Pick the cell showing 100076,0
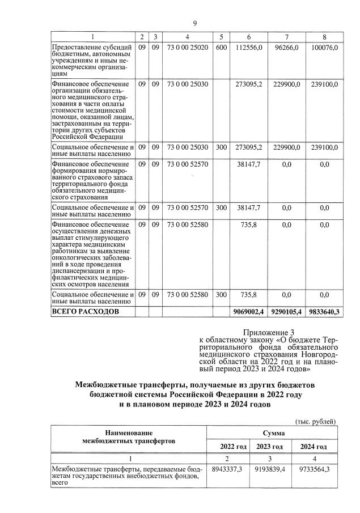click(x=324, y=48)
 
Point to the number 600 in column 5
click(x=222, y=48)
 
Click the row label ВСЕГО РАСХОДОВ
click(x=86, y=312)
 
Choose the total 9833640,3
click(x=324, y=312)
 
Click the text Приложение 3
click(x=265, y=332)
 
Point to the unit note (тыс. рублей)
click(x=315, y=421)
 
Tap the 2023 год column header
click(x=270, y=447)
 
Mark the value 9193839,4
click(x=270, y=469)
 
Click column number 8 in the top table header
click(x=324, y=36)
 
